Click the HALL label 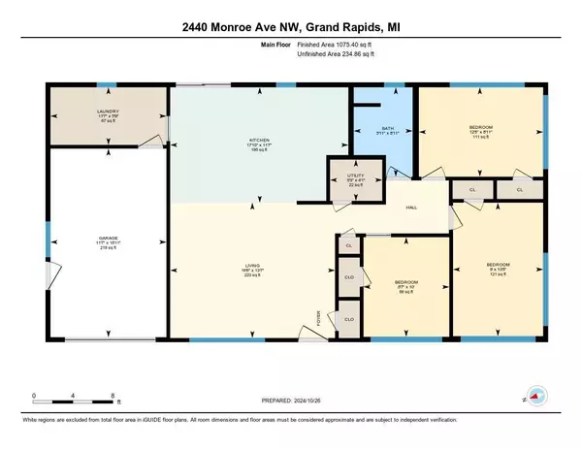pyautogui.click(x=410, y=208)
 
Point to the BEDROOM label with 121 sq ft pyautogui.click(x=499, y=263)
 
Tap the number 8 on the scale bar pyautogui.click(x=114, y=396)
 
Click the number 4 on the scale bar pyautogui.click(x=74, y=396)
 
